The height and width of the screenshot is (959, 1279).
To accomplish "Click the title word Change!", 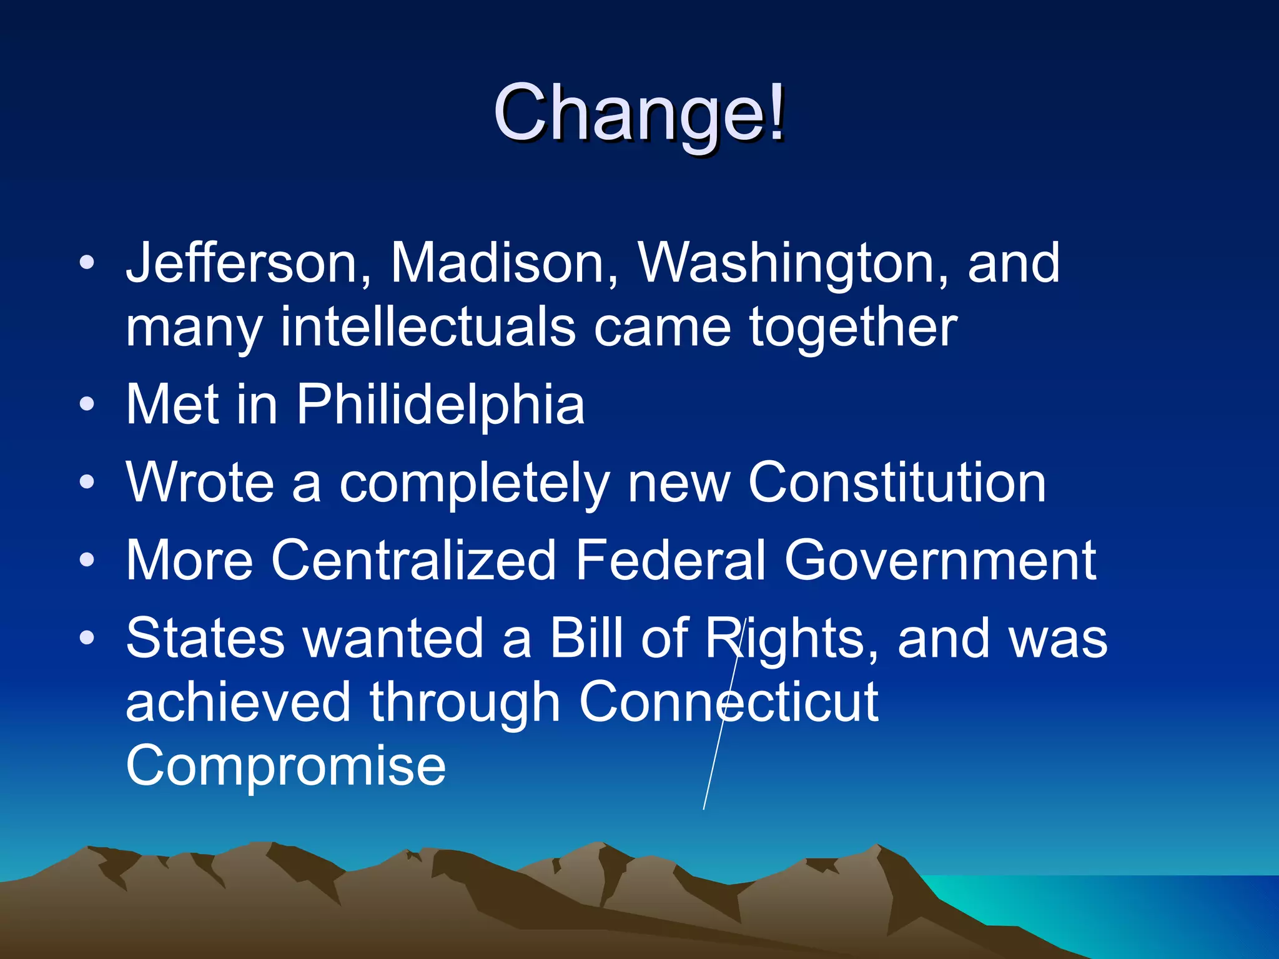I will point(638,114).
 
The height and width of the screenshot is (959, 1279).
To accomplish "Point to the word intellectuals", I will point(428,327).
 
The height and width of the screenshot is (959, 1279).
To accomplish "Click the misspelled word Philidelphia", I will point(440,405).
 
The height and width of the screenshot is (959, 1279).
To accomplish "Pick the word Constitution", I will point(897,482).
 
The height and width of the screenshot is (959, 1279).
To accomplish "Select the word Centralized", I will point(413,560).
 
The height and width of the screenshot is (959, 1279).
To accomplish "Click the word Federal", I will point(670,560).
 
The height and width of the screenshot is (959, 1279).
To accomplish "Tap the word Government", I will point(940,560).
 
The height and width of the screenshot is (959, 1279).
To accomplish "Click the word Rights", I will point(791,638).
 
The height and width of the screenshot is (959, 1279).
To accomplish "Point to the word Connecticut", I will point(729,702).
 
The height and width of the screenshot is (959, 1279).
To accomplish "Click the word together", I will point(853,327).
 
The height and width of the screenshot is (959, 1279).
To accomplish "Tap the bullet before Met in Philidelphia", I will point(87,405).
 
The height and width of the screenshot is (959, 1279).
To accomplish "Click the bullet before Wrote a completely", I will point(87,482).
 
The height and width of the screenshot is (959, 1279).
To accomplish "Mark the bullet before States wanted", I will point(87,638).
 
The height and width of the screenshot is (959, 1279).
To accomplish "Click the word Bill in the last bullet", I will point(586,638).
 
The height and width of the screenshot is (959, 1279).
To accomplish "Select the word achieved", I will point(238,702).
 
